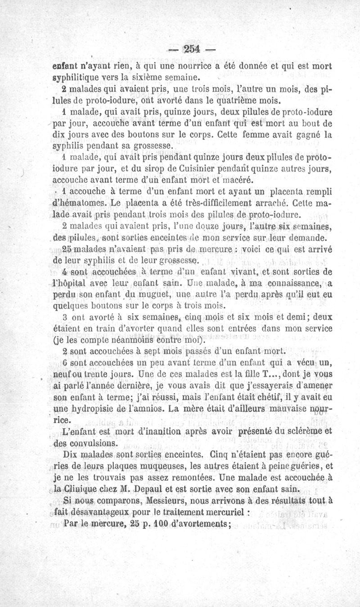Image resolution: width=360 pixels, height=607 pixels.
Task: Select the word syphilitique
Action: pyautogui.click(x=77, y=77)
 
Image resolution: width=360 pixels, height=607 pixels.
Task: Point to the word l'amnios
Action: pyautogui.click(x=158, y=408)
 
